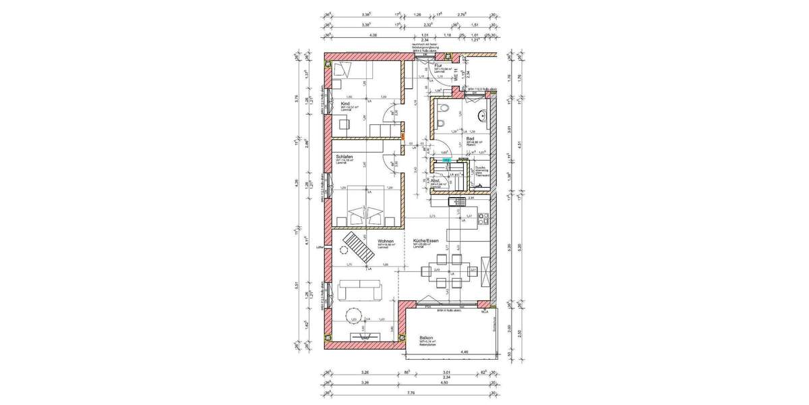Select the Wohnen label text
pyautogui.click(x=386, y=240)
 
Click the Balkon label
pyautogui.click(x=426, y=338)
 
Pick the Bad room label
pyautogui.click(x=470, y=138)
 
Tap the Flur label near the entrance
pyautogui.click(x=438, y=65)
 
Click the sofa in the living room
pyautogui.click(x=360, y=291)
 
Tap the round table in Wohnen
pyautogui.click(x=353, y=315)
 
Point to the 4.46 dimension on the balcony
pyautogui.click(x=463, y=352)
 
